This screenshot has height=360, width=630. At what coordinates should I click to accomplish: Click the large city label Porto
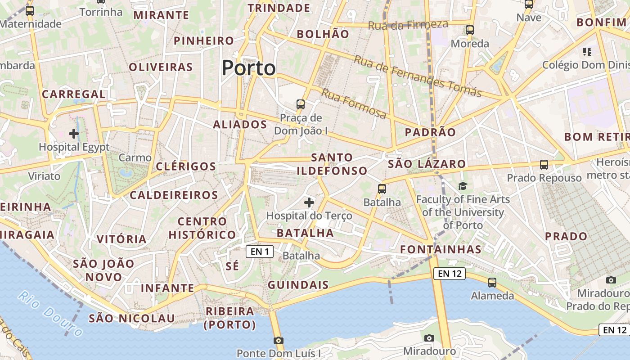pos(248,68)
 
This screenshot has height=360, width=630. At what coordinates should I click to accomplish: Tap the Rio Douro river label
pos(51,314)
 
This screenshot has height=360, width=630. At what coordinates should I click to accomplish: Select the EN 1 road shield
pos(260,252)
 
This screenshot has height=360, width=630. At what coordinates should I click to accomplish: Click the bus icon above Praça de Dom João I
pos(301,104)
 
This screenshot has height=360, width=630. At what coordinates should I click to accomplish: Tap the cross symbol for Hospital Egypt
pos(74,134)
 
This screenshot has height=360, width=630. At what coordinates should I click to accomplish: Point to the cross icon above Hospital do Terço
pos(309,202)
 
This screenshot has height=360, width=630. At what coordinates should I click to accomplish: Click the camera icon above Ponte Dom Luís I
pos(279,340)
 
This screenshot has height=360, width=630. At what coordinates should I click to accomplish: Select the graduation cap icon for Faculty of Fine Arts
pos(463,186)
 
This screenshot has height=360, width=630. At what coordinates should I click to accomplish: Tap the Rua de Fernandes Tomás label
pos(418,76)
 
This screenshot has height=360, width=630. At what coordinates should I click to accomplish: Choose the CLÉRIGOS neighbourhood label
pos(186,166)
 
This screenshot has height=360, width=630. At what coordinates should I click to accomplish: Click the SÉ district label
pos(232,266)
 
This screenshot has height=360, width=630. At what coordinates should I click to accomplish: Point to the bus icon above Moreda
pos(470,30)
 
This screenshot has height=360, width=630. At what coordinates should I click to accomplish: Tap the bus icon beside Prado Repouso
pos(544,165)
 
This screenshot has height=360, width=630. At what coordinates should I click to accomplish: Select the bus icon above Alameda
pos(492,283)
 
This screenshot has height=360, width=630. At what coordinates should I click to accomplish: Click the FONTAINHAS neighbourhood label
pos(441,249)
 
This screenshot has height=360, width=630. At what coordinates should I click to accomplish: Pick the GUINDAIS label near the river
pos(298,285)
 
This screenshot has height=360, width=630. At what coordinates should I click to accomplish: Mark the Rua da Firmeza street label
pos(408,25)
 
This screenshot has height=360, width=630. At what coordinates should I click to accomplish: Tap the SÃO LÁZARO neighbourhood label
pos(426,164)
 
